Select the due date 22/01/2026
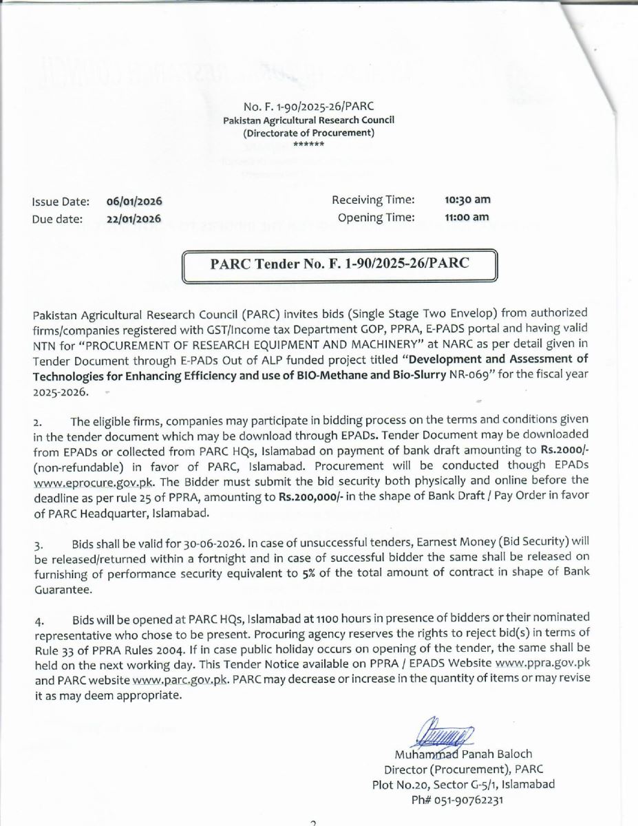pyautogui.click(x=134, y=220)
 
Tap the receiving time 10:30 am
pyautogui.click(x=467, y=200)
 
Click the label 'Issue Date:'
pyautogui.click(x=60, y=202)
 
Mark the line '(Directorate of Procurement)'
pyautogui.click(x=308, y=132)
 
